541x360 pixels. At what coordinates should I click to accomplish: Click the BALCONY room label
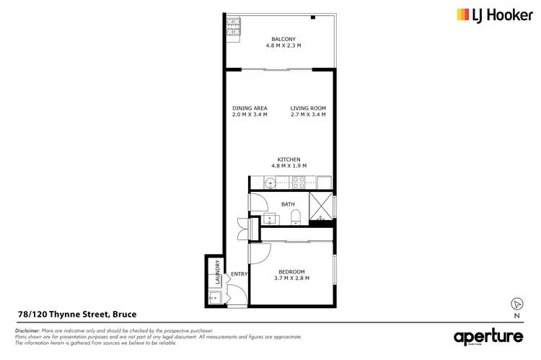[283, 39]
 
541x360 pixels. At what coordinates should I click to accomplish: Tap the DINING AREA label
[250, 108]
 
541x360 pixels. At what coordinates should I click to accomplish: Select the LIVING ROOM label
[308, 108]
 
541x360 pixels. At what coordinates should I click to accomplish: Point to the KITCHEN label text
[289, 159]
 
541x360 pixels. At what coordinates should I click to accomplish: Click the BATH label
[288, 204]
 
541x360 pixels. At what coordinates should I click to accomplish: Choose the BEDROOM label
[291, 271]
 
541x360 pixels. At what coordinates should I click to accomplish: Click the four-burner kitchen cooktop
[297, 183]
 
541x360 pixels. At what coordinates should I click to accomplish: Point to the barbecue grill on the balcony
[234, 30]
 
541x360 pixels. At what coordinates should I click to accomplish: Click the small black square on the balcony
[314, 17]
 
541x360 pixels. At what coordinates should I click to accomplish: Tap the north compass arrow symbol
[516, 304]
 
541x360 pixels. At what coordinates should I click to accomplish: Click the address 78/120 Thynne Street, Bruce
[76, 314]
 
